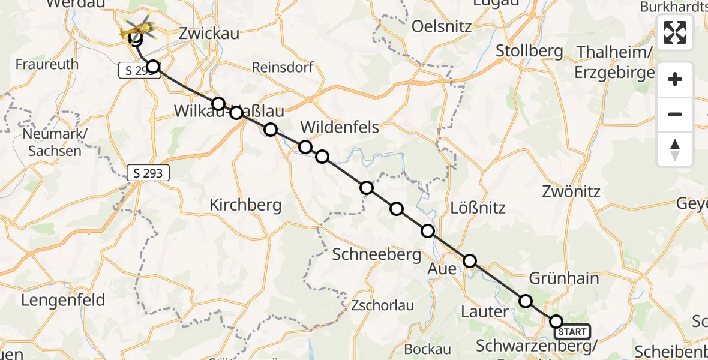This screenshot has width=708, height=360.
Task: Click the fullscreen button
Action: [675, 32]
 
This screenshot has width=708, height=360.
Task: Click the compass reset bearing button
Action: [675, 149]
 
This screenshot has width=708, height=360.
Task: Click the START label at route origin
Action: [572, 332]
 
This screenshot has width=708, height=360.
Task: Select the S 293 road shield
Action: [148, 174]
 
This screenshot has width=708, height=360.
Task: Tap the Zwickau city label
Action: [209, 34]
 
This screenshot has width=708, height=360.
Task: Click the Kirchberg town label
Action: [245, 205]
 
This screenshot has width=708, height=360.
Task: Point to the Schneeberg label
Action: [377, 254]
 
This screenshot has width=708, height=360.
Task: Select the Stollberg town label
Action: [529, 51]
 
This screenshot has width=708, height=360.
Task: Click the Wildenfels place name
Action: [340, 127]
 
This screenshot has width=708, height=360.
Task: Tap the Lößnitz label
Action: [478, 208]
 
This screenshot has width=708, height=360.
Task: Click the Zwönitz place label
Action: [571, 192]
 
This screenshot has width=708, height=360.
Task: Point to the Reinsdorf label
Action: [283, 67]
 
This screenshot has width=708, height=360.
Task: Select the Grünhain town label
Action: [564, 278]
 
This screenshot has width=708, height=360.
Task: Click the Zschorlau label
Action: [383, 305]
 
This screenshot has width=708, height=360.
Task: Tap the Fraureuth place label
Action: [47, 64]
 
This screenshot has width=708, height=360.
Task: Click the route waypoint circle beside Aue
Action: [470, 261]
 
